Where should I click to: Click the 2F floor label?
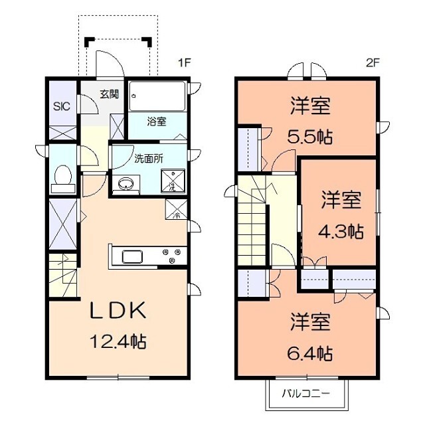pos(372,64)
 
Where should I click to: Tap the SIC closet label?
pos(61,106)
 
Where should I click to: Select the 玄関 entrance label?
pos(109,94)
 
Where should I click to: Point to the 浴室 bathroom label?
pos(157,122)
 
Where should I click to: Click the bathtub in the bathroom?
pos(157,96)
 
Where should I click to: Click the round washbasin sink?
pos(125,183)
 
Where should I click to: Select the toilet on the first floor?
pos(62,176)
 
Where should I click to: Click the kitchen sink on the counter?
pos(131,257)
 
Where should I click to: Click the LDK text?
pos(118,311)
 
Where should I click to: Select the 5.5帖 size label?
pos(310,138)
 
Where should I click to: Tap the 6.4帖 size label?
pos(310,353)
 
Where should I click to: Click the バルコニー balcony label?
pos(307,392)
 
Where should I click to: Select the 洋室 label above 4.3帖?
pos(342,199)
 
